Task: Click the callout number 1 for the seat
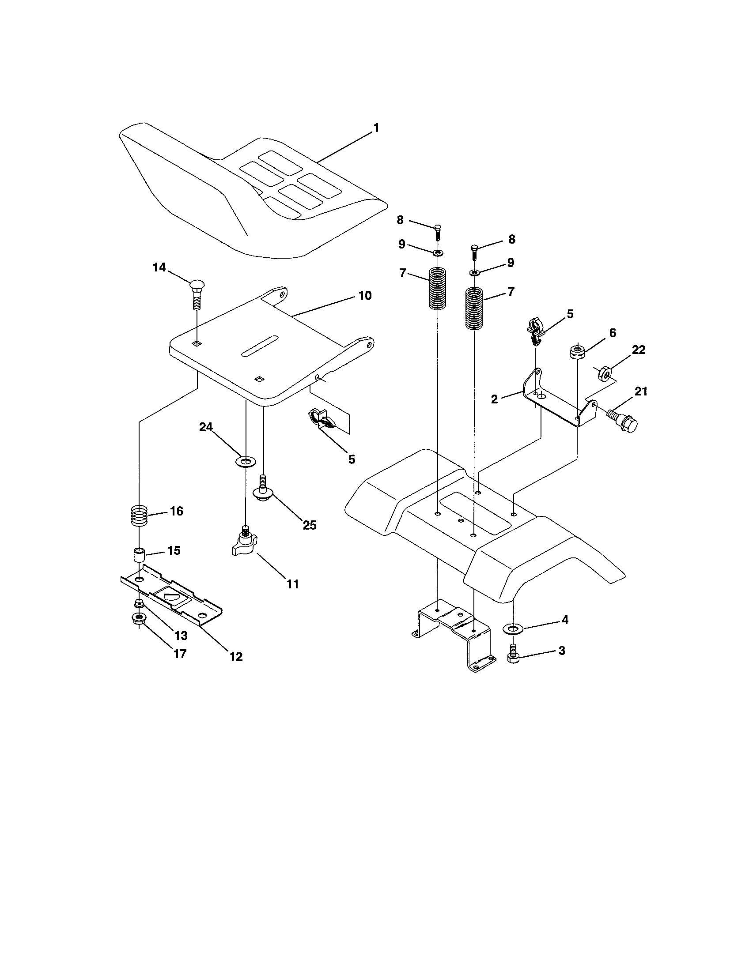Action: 376,128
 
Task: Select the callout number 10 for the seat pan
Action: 365,296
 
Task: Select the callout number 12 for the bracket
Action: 236,656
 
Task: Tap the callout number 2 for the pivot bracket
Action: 494,399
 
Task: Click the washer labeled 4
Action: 512,628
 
